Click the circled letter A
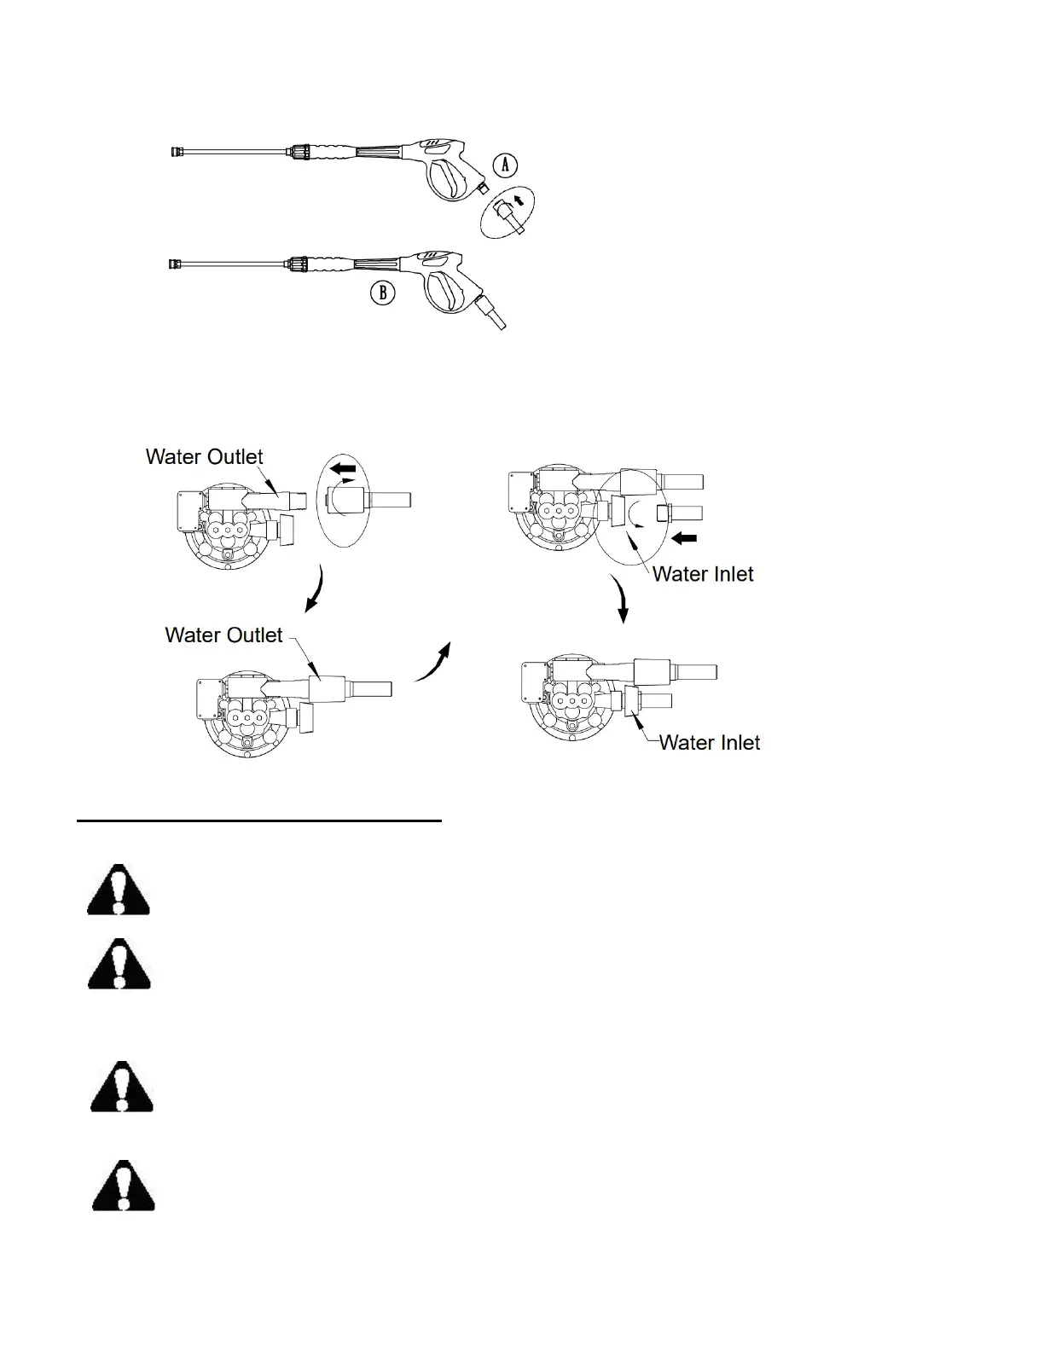506,165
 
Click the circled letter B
383,293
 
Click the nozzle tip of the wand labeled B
173,264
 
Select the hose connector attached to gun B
490,311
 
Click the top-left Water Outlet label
204,456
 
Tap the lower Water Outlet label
223,635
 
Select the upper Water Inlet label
703,574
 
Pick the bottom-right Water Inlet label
710,742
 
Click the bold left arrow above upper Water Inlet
685,538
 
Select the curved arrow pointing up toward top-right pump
432,664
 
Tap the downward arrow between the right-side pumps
622,600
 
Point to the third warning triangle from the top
122,1087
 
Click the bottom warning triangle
124,1186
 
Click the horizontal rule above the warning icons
259,821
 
